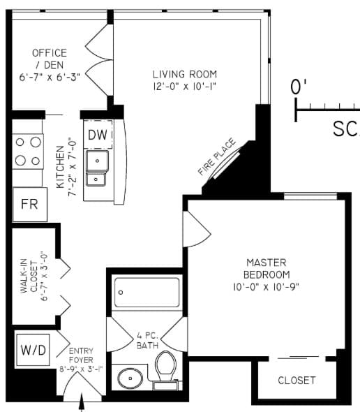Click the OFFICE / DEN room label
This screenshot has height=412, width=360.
50,59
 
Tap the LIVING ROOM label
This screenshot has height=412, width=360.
185,74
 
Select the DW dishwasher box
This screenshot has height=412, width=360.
98,135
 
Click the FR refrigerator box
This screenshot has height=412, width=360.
29,205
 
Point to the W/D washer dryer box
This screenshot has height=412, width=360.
33,349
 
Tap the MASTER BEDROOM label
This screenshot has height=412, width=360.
266,268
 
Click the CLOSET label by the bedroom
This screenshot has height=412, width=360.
297,381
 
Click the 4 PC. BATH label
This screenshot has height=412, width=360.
147,340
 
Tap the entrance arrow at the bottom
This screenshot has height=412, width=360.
83,402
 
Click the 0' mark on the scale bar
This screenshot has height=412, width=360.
299,88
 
